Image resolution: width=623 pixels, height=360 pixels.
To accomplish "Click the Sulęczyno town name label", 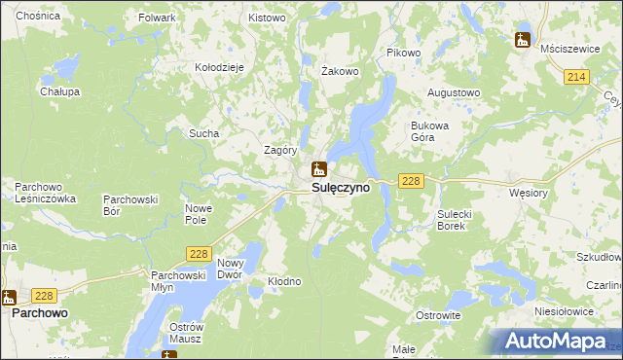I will pos(341,187).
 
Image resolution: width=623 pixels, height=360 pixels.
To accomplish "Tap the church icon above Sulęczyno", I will pos(318,168).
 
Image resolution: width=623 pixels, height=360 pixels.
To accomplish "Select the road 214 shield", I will pos(576,77).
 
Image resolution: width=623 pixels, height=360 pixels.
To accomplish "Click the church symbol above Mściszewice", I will pos(522,40).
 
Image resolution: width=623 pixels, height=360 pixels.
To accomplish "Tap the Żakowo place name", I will pos(341,71).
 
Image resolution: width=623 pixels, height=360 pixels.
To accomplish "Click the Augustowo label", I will pos(455,93).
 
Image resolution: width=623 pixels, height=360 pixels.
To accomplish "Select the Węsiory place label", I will pos(530,193).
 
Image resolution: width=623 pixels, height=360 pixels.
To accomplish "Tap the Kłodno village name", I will pos(284,281).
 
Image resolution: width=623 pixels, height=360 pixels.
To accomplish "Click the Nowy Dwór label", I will pos(230,269).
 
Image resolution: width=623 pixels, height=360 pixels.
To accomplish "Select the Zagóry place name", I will pos(280,150).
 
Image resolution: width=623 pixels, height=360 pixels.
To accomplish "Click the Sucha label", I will pos(204,133).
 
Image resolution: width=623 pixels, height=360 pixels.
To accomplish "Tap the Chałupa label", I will pos(59,91).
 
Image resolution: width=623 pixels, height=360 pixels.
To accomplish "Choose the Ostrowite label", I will pos(438,315).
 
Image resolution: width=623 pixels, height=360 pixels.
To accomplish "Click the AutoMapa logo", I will pos(558,342).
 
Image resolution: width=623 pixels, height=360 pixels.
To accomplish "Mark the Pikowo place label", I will pos(403,53).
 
